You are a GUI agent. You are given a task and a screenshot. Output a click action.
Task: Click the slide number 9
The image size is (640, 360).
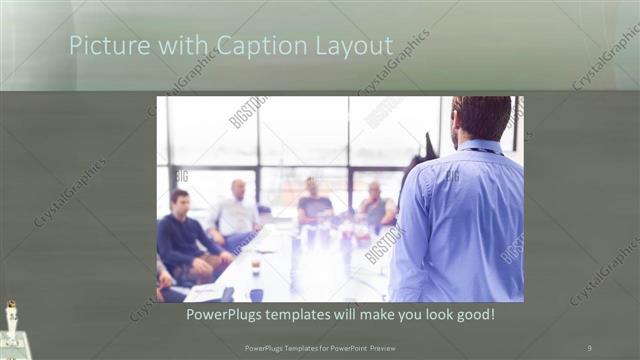589,347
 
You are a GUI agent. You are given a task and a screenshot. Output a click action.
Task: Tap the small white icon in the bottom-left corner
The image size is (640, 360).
12,318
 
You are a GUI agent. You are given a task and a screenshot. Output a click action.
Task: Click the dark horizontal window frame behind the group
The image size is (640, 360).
290,166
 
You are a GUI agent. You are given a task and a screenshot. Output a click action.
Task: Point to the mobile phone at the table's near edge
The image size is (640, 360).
229,294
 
